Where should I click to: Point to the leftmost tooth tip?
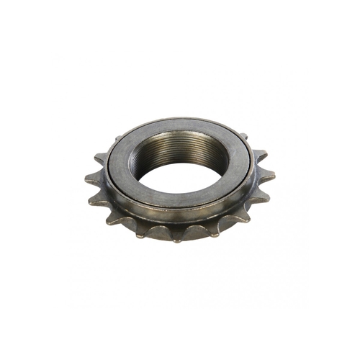pos(86,178)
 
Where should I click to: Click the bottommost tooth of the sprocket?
pos(176,239)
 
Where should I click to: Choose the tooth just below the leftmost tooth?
pos(91,202)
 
